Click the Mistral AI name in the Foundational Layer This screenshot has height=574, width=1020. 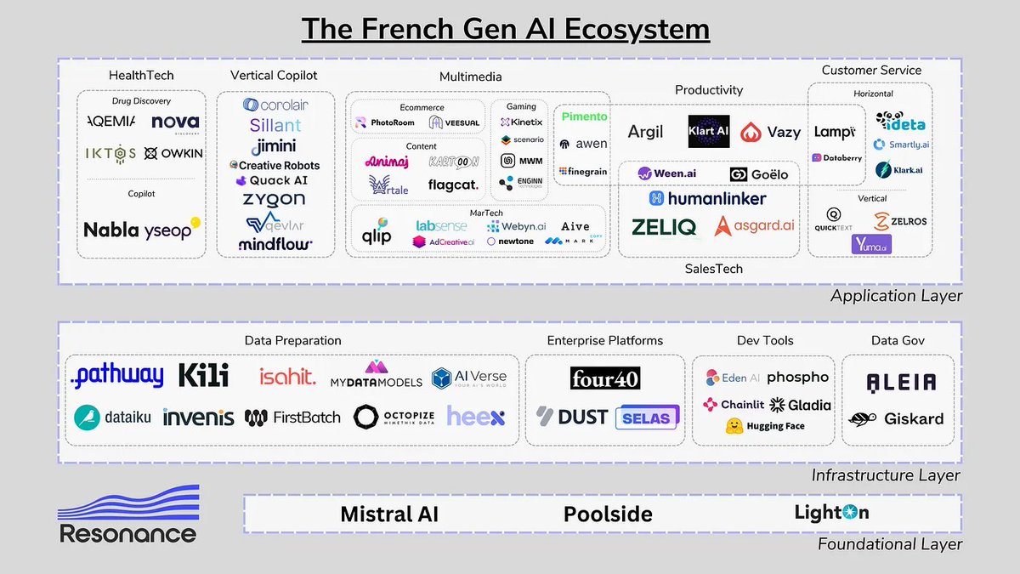tap(389, 514)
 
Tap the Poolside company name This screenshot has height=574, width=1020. tap(608, 514)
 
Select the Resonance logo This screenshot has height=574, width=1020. tap(127, 514)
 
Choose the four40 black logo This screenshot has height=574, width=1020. tap(605, 378)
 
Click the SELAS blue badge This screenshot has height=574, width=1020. tap(647, 417)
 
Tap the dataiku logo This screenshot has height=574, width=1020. tap(112, 417)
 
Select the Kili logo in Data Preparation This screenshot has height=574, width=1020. tap(203, 376)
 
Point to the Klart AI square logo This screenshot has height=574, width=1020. tap(709, 132)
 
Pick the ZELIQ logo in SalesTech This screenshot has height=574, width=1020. tap(664, 227)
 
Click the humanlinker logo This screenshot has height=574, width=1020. tap(707, 198)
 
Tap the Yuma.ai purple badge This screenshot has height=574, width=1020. tap(871, 244)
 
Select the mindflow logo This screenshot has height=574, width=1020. tap(275, 244)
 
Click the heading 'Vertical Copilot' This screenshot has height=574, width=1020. tap(274, 76)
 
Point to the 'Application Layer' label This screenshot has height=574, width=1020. tap(896, 296)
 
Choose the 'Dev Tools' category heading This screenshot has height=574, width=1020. tap(765, 340)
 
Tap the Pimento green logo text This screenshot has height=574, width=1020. tap(583, 117)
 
